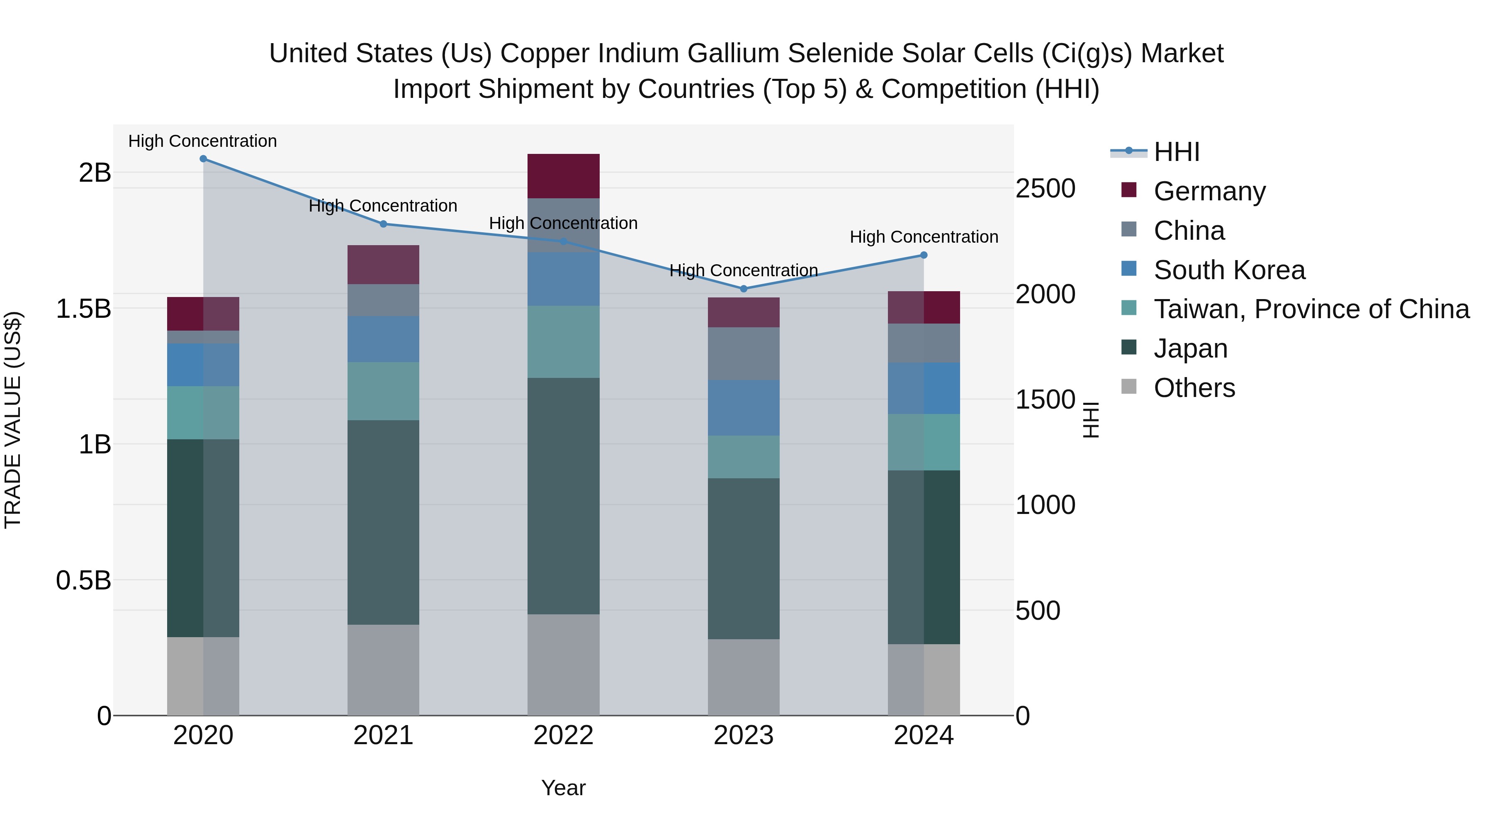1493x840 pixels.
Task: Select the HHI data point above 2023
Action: coord(744,289)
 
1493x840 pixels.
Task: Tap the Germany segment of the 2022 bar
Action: coord(563,176)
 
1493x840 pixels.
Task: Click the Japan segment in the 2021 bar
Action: coord(383,522)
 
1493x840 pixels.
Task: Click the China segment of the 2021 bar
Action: coord(383,300)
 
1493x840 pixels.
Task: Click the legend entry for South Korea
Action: coord(1229,270)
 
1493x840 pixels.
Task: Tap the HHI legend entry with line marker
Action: coord(1177,152)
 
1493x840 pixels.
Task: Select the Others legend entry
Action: coord(1194,388)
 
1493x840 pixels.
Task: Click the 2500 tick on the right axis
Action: coord(1046,189)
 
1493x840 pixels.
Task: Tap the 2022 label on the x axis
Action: coord(563,735)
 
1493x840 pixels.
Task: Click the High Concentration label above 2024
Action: coord(924,237)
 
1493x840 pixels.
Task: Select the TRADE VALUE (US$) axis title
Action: coord(13,420)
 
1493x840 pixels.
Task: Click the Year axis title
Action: coord(563,789)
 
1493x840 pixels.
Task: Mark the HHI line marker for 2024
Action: coord(924,255)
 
